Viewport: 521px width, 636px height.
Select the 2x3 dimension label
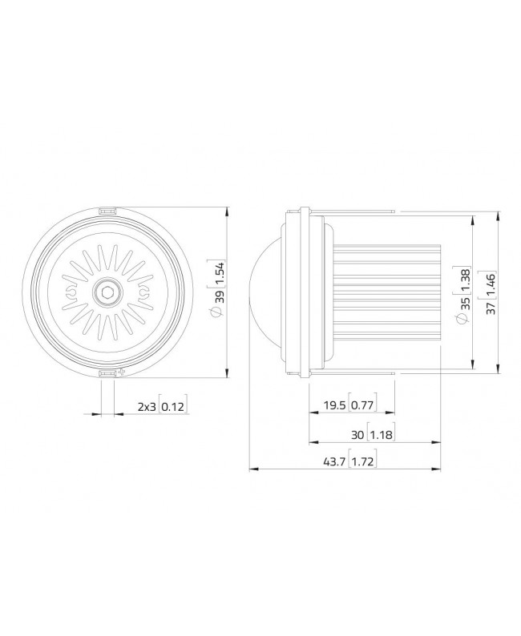coord(146,407)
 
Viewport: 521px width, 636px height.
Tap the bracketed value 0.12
coord(172,407)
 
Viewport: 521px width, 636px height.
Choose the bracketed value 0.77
coord(362,406)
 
